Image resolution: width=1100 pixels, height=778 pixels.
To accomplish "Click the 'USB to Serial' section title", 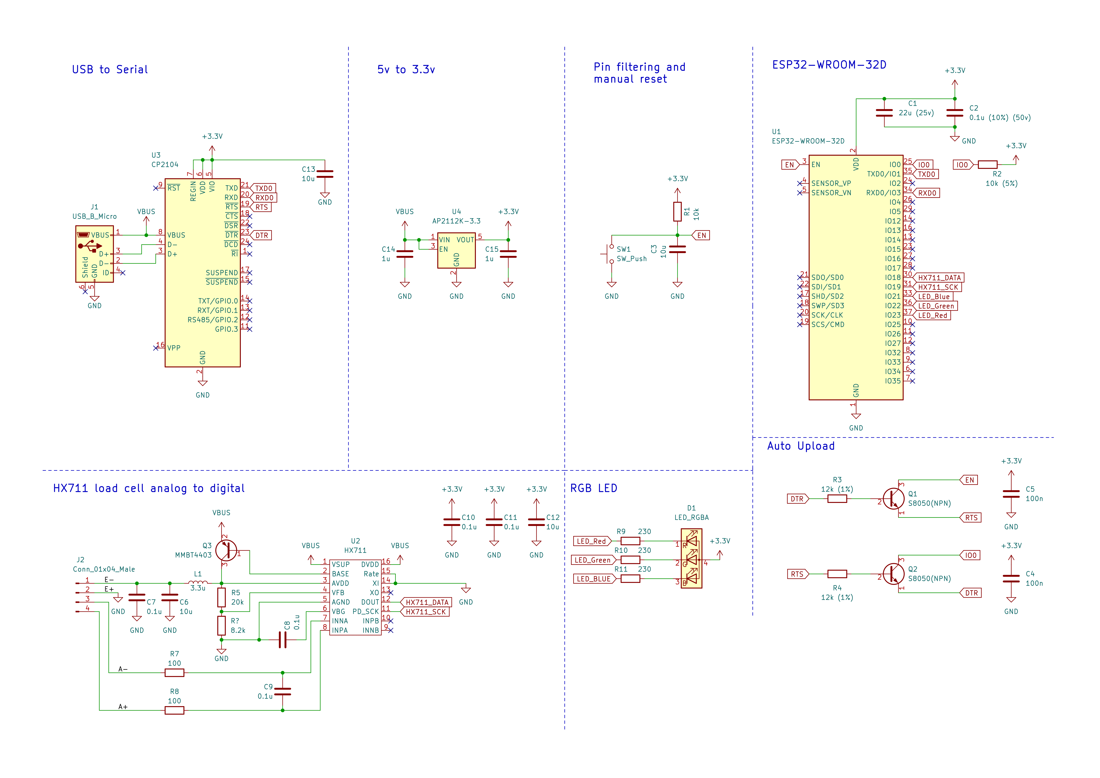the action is (110, 70).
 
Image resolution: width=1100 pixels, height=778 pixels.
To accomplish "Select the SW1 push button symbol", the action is (608, 254).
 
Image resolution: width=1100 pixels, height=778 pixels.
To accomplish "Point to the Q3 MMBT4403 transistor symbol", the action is (226, 550).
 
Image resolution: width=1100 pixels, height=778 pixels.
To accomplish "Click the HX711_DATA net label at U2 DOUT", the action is (426, 602).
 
